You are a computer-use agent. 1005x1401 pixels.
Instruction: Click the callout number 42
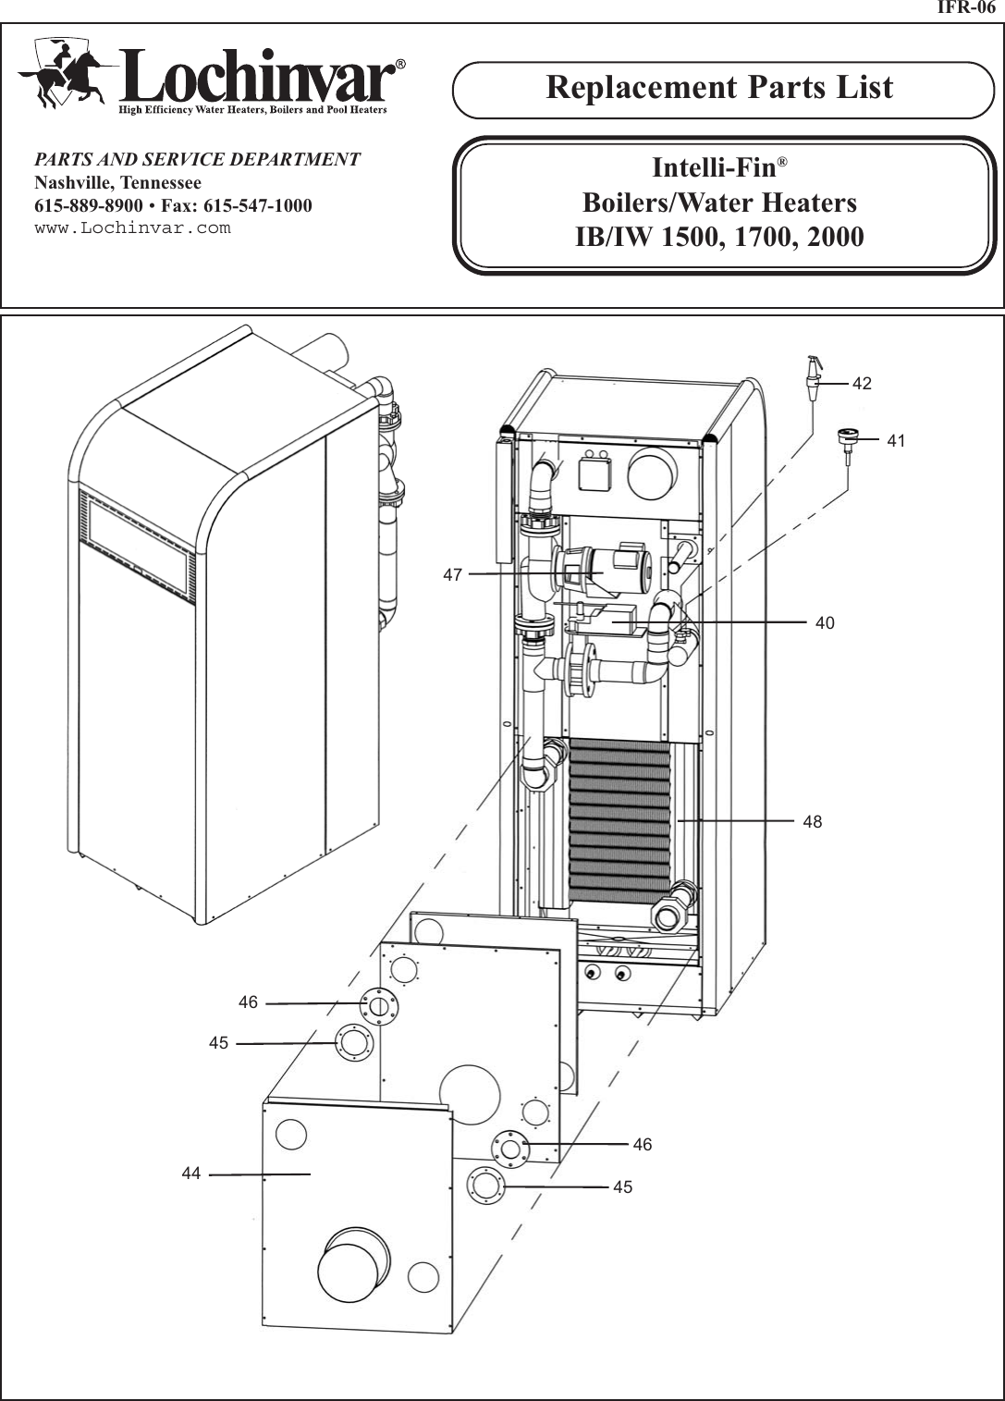862,383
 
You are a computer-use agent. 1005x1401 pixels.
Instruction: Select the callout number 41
896,441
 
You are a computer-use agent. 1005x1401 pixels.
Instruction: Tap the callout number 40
825,623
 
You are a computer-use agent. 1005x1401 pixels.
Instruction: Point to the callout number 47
452,574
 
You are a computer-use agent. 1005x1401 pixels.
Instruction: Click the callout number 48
812,821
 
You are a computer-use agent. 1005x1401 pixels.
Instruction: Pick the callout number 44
190,1174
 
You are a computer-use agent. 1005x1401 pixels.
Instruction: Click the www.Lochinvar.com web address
132,227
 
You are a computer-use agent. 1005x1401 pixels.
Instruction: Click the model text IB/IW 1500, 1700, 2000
719,237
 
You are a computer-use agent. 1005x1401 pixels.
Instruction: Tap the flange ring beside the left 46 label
378,1006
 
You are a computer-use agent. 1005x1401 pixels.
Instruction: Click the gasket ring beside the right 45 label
485,1186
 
